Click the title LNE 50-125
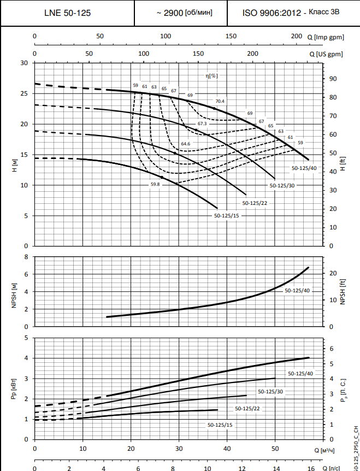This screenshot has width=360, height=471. (67, 13)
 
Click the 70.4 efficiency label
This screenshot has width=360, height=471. (220, 101)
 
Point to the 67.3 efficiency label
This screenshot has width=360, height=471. (202, 124)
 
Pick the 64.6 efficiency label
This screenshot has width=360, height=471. (186, 144)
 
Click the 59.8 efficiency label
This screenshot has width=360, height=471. (155, 185)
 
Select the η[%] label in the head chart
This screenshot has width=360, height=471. (211, 76)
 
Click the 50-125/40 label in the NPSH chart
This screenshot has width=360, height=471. (297, 291)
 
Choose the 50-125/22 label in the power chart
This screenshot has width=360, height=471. (247, 408)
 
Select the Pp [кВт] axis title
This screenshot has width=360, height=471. (12, 388)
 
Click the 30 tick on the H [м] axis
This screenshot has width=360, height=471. (24, 63)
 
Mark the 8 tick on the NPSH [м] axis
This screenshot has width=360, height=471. (26, 257)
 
